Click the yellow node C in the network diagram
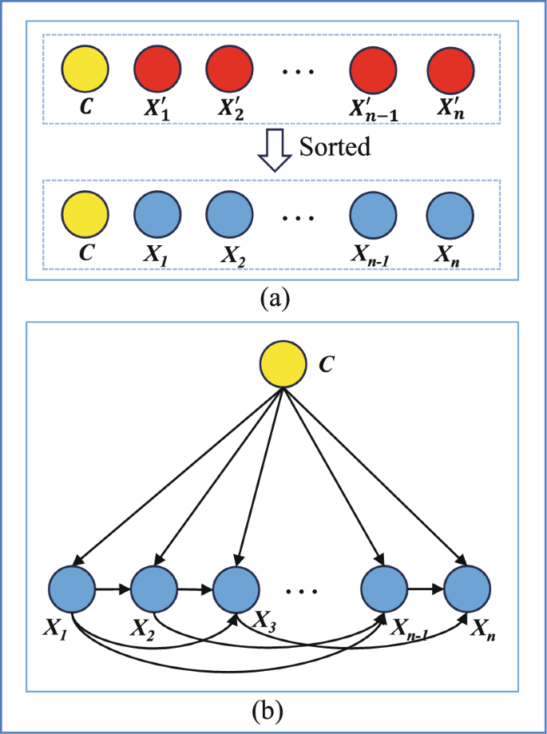pos(283,363)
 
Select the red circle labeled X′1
pos(157,69)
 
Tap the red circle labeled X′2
pos(230,69)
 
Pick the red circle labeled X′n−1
pos(374,69)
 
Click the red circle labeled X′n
pos(450,69)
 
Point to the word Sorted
pos(335,147)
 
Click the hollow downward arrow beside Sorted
pos(275,151)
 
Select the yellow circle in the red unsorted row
pos(85,69)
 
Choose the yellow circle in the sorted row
pos(85,214)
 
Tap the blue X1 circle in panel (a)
pos(157,214)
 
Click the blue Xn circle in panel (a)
pos(450,214)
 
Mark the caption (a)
pos(273,298)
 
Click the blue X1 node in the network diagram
pos(72,589)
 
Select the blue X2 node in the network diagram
pos(154,589)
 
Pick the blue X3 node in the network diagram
pos(236,589)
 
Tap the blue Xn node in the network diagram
pos(467,589)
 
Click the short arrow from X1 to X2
pos(113,589)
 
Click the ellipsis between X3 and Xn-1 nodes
pos(301,591)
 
